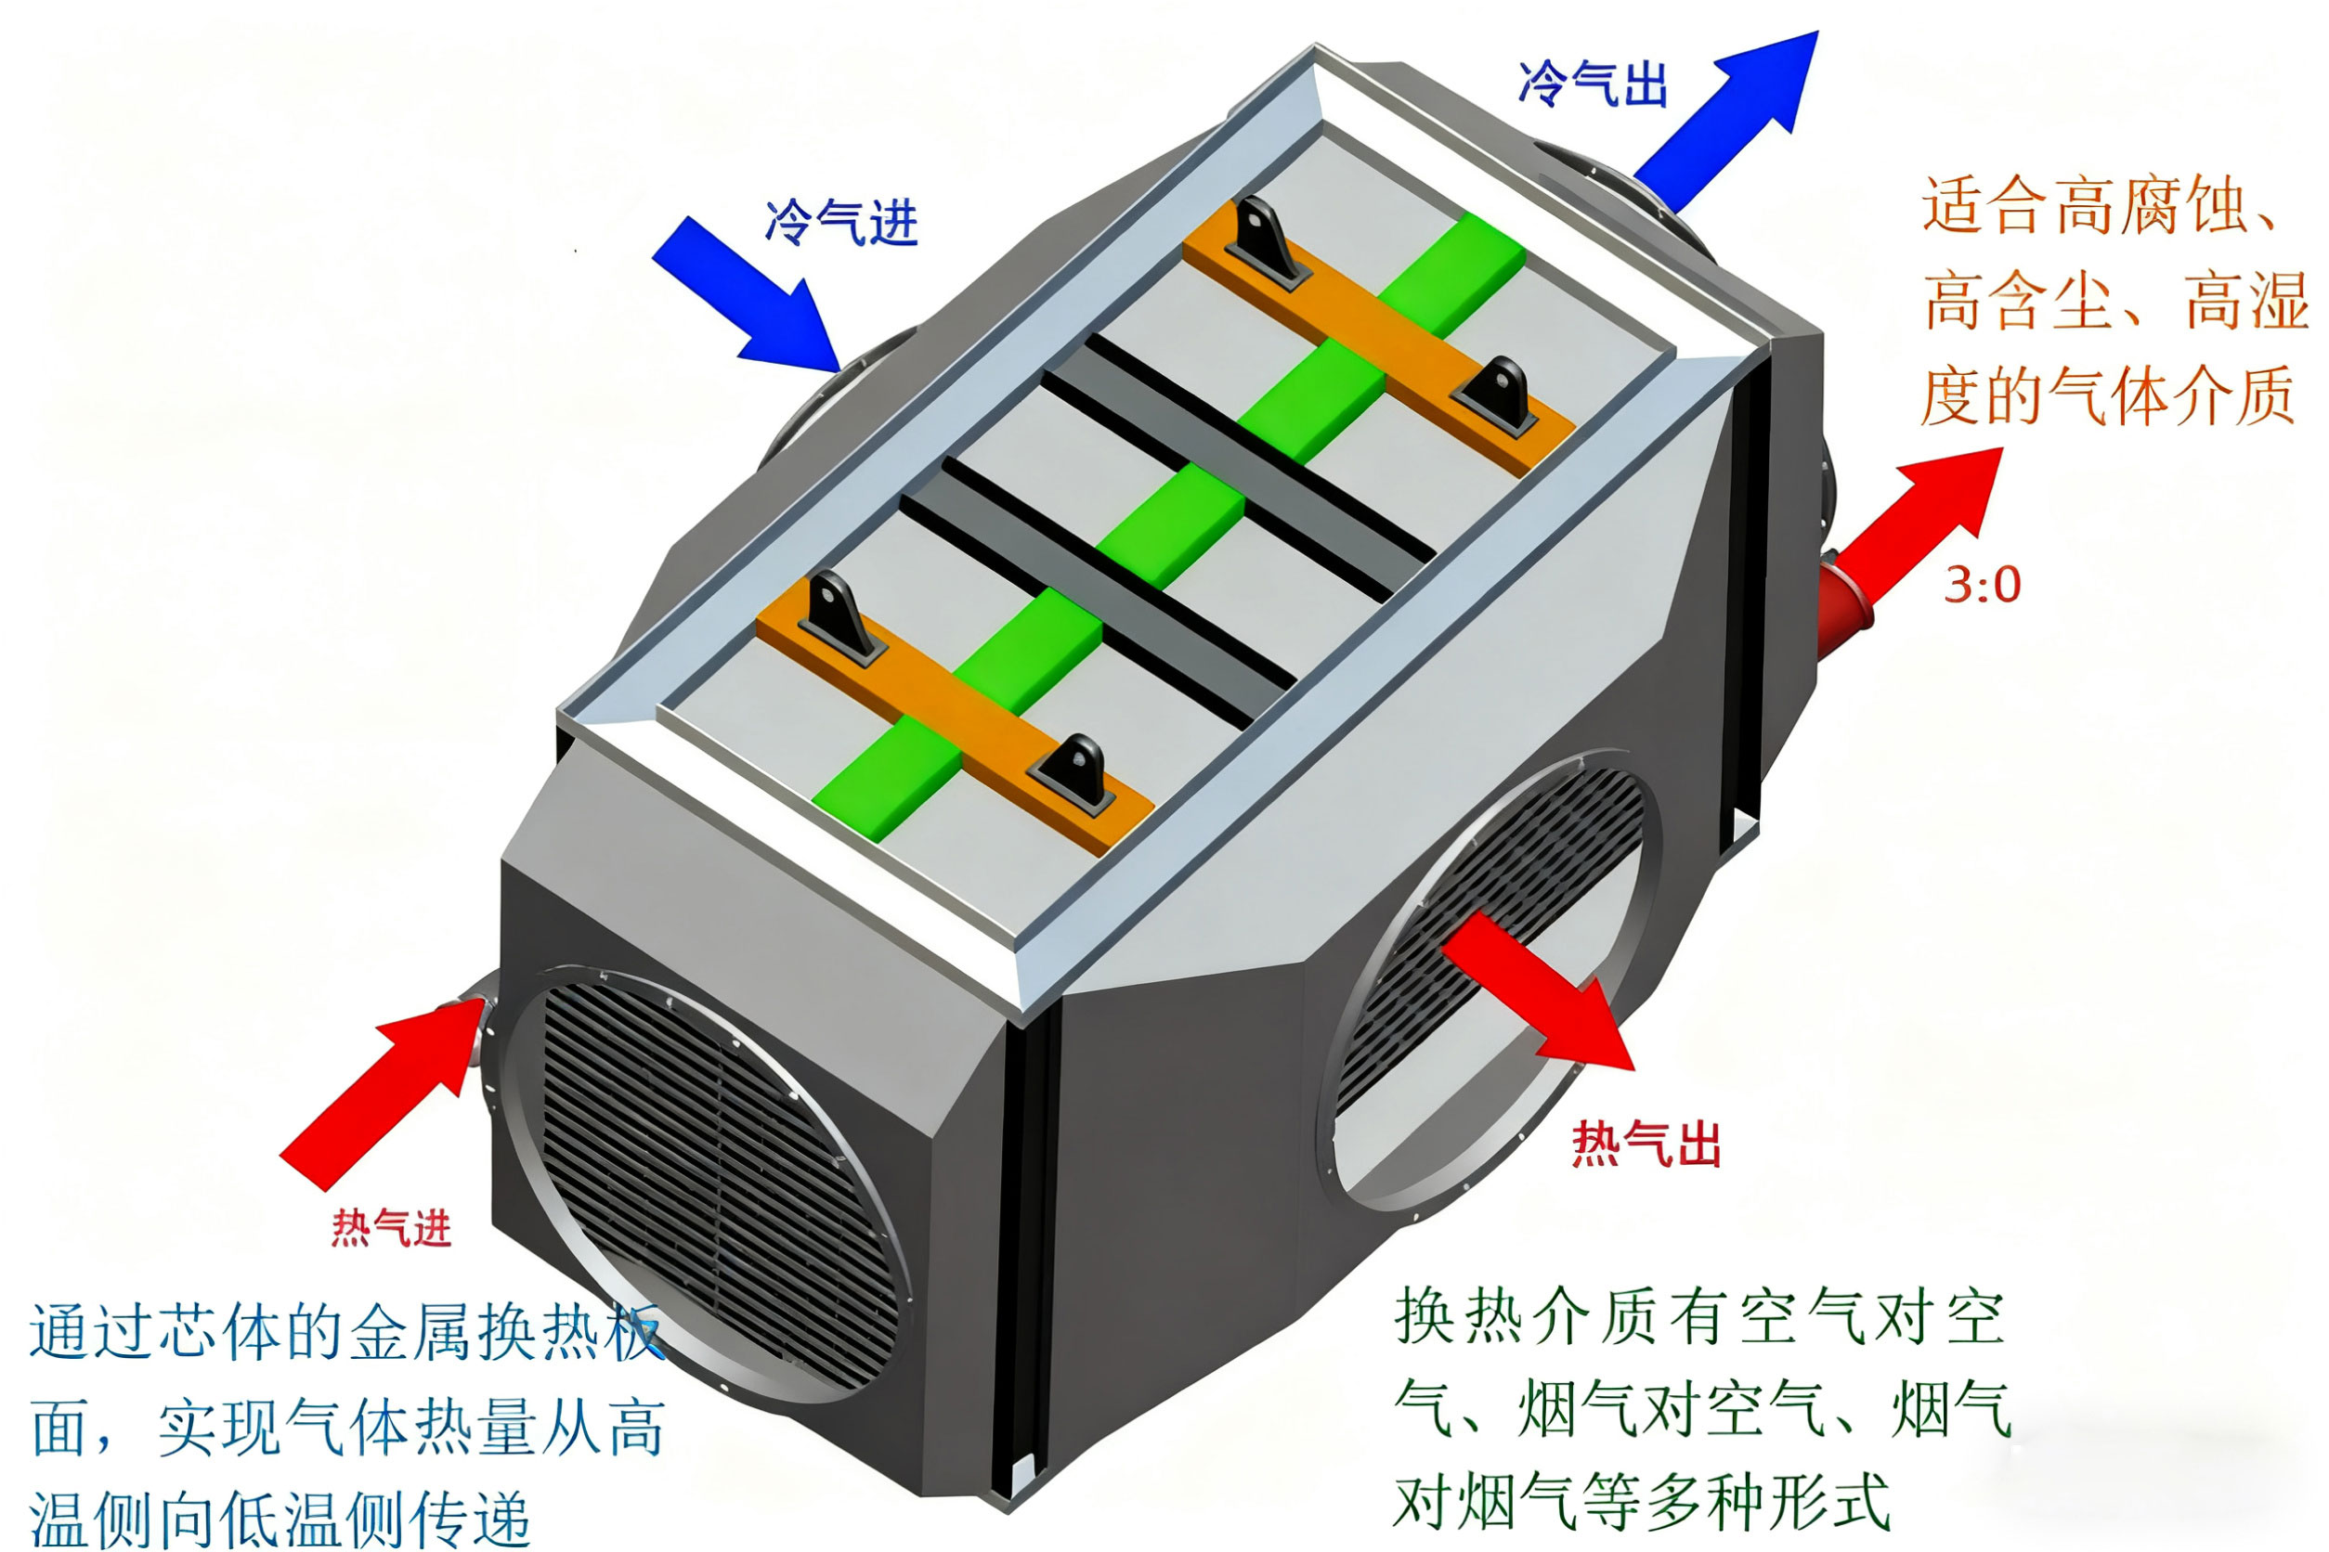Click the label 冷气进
coord(840,222)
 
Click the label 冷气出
coord(1594,84)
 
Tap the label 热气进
coord(391,1228)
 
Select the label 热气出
coord(1646,1145)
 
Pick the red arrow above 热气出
coord(1537,990)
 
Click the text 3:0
coord(1983,585)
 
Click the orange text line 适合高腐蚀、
coord(2101,206)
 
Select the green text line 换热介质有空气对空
coord(1700,1317)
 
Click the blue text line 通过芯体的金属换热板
coord(346,1332)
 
